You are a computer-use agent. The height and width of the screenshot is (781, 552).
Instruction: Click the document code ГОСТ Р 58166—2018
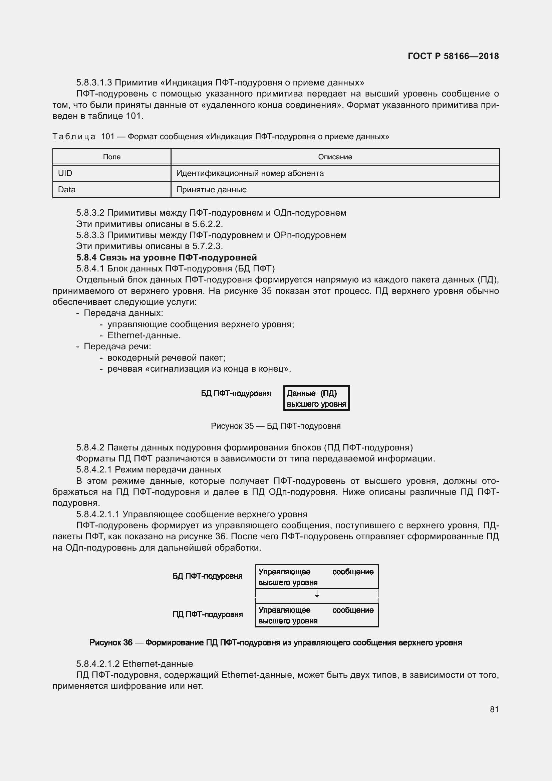click(453, 56)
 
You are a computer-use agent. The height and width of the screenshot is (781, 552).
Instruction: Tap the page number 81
click(494, 709)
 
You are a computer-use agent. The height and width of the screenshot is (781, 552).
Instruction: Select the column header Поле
click(111, 157)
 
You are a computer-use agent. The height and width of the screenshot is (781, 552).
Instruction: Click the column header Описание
click(335, 157)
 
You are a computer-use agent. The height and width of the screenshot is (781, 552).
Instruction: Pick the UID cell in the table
click(65, 173)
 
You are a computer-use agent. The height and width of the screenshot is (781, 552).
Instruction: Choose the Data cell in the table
click(67, 189)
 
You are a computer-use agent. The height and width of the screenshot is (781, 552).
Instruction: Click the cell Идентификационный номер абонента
click(250, 173)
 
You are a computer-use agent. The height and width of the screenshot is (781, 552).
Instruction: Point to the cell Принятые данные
click(211, 189)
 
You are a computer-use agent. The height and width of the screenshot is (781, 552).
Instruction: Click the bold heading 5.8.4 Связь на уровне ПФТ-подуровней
click(166, 257)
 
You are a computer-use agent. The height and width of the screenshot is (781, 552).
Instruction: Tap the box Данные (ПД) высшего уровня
click(316, 398)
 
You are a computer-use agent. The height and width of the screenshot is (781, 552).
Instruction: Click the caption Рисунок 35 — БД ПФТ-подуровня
click(275, 426)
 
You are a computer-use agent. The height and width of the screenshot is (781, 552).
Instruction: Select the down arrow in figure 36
click(317, 594)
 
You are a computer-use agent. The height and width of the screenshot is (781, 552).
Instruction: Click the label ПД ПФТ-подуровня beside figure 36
click(207, 614)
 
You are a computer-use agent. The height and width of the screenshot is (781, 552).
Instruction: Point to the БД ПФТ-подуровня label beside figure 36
click(207, 576)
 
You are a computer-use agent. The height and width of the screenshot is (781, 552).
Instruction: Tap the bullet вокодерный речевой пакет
click(166, 358)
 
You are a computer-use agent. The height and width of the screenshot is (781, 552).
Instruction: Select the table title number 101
click(108, 137)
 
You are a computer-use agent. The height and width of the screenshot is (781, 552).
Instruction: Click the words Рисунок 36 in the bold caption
click(111, 642)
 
